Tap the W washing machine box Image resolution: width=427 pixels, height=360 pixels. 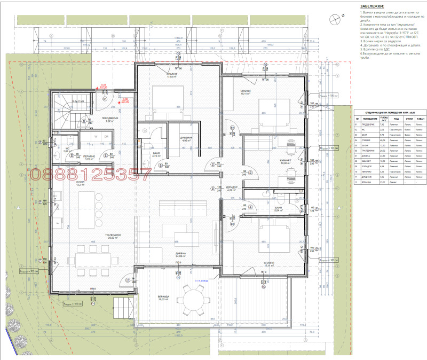click(x=96, y=136)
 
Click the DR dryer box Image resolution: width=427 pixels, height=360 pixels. click(x=107, y=136)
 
